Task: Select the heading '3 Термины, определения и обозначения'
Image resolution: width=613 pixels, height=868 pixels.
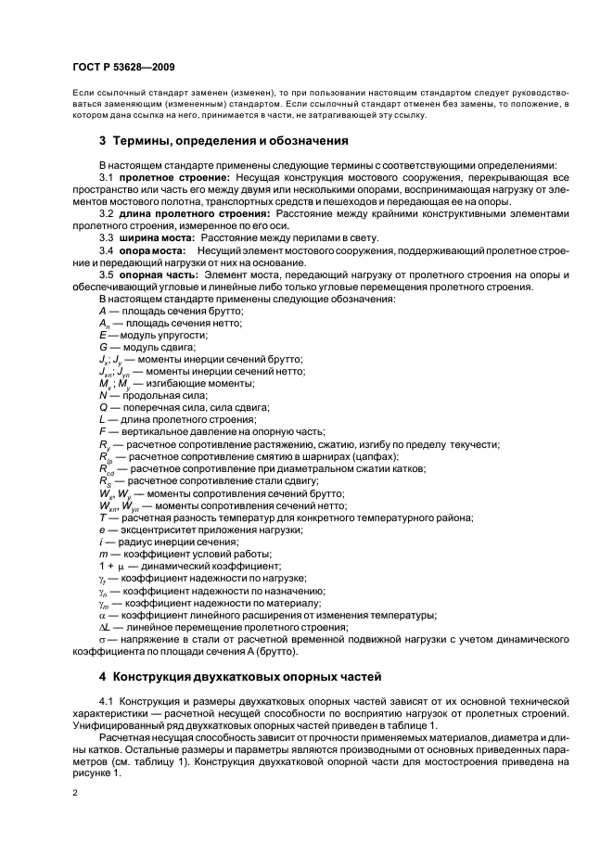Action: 223,141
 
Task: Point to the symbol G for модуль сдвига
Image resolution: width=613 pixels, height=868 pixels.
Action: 102,347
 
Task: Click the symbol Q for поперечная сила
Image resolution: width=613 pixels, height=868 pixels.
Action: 102,408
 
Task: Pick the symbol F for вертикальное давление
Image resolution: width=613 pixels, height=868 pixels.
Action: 101,432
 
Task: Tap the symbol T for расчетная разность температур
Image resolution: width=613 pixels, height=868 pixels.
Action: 101,517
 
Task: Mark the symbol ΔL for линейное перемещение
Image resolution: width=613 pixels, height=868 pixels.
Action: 104,627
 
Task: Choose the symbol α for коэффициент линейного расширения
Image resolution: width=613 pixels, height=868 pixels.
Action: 101,615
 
